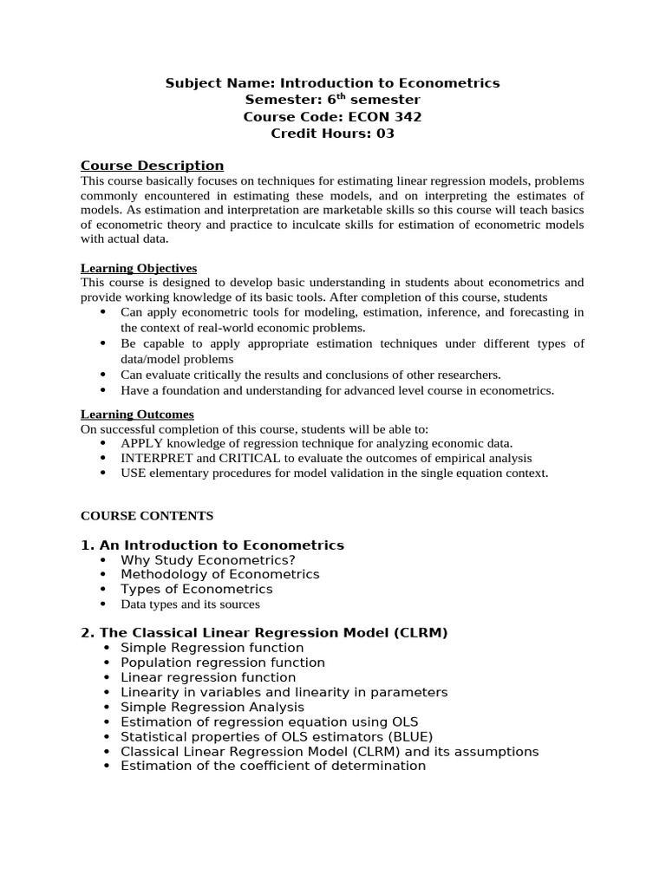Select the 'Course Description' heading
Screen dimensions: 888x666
[152, 166]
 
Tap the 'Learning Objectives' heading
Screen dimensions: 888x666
[139, 268]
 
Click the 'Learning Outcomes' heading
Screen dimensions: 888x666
[137, 415]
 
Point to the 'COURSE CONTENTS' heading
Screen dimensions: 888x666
[147, 515]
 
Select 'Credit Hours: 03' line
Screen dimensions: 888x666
[332, 134]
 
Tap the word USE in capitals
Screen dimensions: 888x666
[134, 473]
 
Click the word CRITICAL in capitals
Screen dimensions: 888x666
[251, 458]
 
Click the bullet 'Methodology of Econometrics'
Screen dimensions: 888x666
[219, 574]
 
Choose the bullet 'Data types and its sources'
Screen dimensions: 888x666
[190, 604]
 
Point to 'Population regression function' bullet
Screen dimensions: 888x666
[223, 663]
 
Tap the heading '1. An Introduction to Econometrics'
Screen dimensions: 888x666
[212, 545]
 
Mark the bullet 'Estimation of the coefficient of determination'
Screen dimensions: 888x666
[273, 766]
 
